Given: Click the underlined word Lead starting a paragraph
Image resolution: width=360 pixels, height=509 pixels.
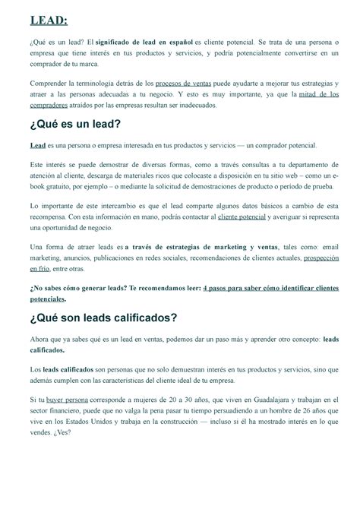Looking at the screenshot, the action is click(x=36, y=144).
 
